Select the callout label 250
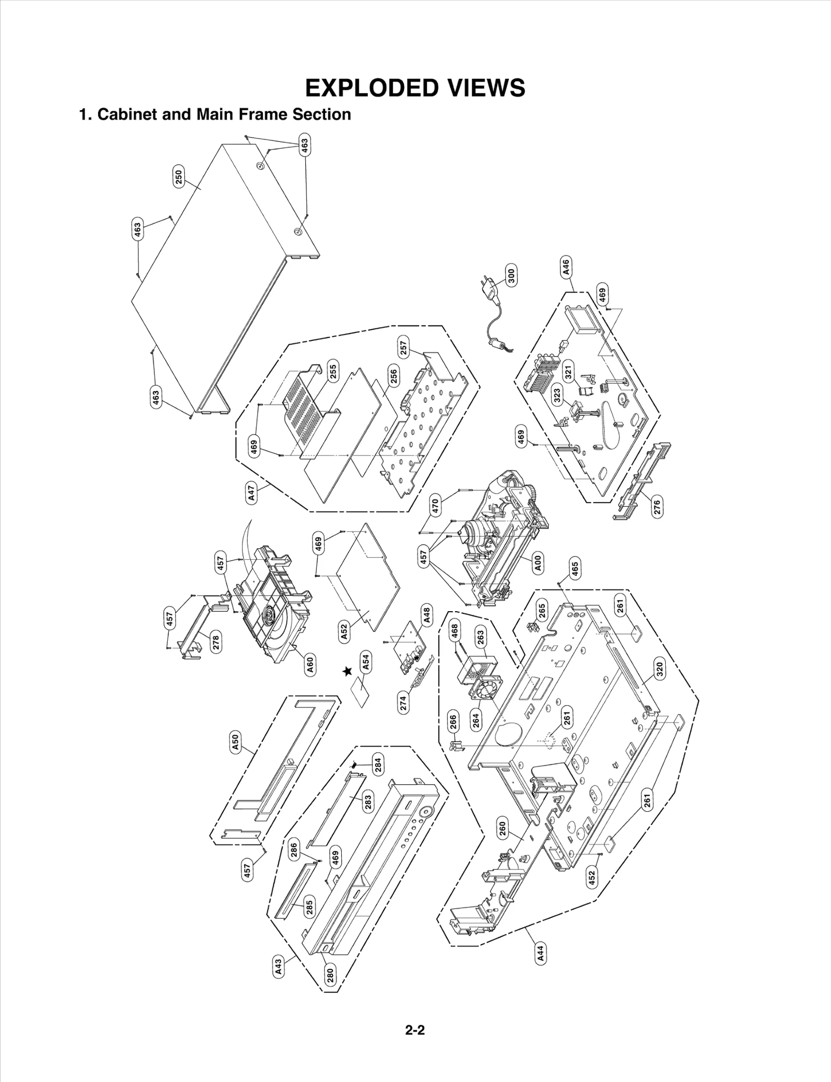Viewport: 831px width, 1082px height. (x=178, y=178)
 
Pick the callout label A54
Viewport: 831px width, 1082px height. (x=366, y=662)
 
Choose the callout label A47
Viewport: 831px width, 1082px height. (x=252, y=493)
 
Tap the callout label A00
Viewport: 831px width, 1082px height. (x=538, y=563)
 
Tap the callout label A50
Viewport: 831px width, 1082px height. (x=235, y=741)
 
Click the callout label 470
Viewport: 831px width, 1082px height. (x=436, y=505)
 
